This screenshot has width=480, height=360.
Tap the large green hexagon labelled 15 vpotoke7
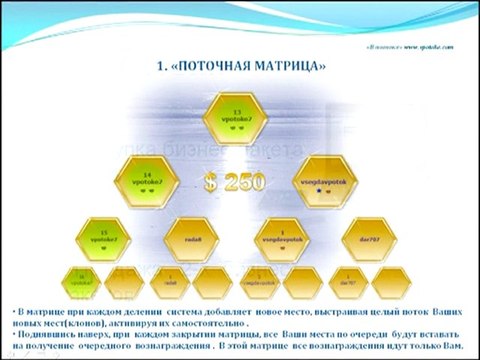click(x=97, y=238)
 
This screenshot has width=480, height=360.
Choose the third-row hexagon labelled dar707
click(x=366, y=238)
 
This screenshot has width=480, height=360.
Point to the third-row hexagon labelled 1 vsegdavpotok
click(x=283, y=238)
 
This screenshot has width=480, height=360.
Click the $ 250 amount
click(x=237, y=183)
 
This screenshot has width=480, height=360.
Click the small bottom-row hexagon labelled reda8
click(x=171, y=283)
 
